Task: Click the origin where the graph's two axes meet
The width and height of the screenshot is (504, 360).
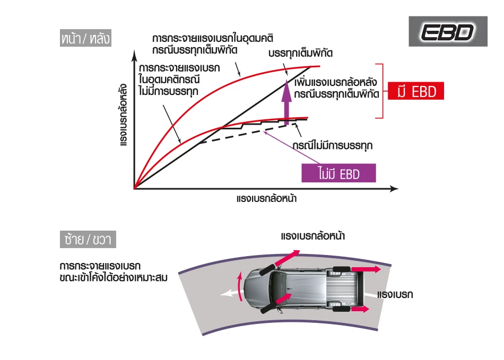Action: point(134,189)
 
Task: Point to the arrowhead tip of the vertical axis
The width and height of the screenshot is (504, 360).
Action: point(134,50)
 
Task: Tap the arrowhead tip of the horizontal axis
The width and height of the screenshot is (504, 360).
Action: point(398,189)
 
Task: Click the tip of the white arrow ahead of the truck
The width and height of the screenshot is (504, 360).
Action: point(220,294)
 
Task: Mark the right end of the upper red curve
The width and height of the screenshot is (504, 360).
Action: point(320,66)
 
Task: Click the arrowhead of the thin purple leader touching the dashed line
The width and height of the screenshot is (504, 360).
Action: point(264,131)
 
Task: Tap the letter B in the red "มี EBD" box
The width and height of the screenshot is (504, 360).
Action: point(424,92)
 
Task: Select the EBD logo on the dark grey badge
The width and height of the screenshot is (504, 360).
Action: point(447,32)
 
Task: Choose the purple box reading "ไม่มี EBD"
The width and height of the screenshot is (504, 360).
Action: point(338,173)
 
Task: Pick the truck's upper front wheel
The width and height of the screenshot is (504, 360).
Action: point(266,269)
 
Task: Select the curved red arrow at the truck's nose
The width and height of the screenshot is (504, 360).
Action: point(239,287)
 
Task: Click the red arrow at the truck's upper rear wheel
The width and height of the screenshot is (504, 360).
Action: point(366,269)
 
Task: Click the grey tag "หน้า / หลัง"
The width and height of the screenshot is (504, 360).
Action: point(85,38)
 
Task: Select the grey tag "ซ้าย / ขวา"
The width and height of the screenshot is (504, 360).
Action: point(88,239)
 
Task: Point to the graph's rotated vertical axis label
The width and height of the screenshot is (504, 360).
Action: point(123,115)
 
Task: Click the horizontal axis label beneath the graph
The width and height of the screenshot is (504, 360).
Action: point(266,198)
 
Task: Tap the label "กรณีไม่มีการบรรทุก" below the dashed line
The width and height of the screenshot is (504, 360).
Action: point(333,145)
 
